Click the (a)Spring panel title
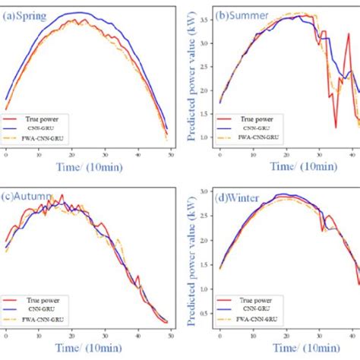coord(26,14)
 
